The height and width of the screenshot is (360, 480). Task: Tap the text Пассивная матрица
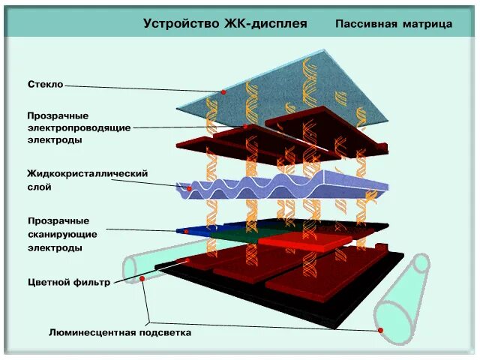tap(394, 24)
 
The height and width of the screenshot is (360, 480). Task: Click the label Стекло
tap(45, 85)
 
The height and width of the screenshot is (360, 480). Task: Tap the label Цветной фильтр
tap(69, 283)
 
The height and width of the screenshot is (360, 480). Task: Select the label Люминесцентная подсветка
tap(120, 332)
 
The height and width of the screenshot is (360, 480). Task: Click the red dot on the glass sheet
tap(223, 92)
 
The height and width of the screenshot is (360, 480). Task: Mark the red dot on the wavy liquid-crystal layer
tap(190, 189)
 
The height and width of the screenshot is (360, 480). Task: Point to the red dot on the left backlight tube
tap(142, 279)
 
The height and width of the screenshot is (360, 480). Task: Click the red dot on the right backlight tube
tap(381, 330)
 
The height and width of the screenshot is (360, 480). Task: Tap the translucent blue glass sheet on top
tap(315, 82)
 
